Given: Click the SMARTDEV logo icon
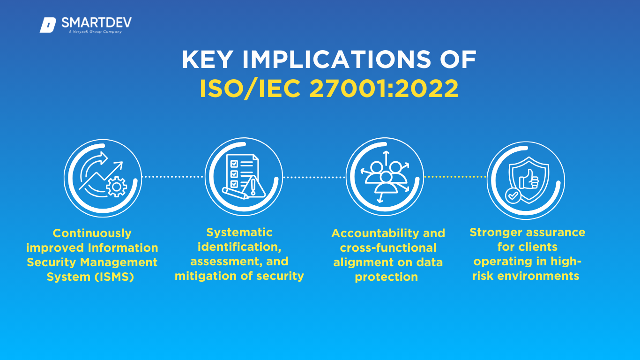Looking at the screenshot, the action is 48,25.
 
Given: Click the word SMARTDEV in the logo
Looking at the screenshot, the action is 97,22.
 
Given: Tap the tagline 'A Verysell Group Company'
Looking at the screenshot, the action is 96,32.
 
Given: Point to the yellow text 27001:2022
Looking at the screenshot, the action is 384,89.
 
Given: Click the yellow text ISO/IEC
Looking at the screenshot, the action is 250,89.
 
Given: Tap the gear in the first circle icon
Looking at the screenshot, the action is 116,187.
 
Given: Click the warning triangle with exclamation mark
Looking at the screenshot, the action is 253,187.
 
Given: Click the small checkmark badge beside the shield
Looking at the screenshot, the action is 513,195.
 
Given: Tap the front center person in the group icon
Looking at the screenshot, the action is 386,183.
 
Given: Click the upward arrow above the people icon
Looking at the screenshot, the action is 386,158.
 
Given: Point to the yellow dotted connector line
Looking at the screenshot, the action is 455,177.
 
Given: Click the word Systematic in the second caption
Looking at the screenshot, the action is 239,232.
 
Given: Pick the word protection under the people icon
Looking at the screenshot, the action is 386,277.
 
